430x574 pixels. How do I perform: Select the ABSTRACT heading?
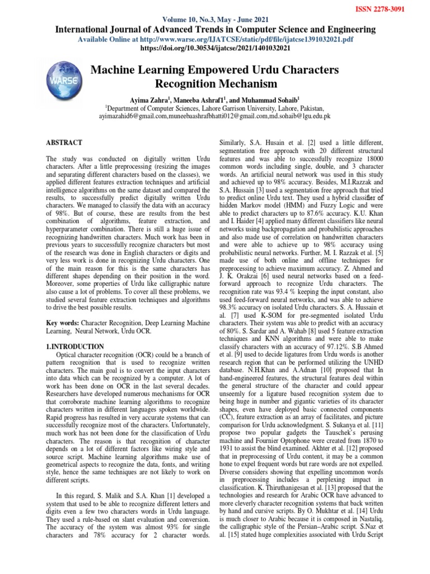pos(64,143)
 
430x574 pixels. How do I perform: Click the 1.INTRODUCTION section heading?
pos(74,346)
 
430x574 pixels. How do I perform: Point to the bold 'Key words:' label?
pos(63,324)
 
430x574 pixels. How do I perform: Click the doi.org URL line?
pos(214,49)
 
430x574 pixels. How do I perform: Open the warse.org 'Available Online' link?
pos(214,40)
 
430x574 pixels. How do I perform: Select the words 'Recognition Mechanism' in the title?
pos(214,84)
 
